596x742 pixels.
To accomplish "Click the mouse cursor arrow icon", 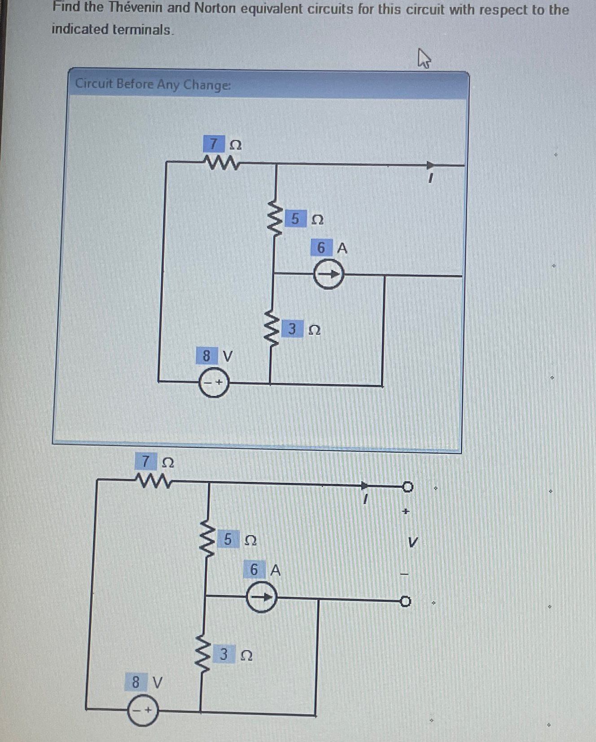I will click(424, 59).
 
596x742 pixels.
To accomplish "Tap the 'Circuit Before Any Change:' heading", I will click(153, 84).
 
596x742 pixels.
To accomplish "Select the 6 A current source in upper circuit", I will click(329, 274).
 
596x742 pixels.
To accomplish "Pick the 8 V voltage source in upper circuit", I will click(214, 383).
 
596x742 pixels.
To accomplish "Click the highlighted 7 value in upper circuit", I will click(214, 144).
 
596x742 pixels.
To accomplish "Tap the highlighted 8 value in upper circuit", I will click(206, 356).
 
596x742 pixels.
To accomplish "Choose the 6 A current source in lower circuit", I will click(262, 597).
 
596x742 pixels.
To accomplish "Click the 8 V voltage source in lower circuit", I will click(143, 710).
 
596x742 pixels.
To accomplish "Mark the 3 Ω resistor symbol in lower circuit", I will click(202, 654).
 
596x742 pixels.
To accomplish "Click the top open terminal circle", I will click(407, 487).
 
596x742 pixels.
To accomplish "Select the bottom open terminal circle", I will click(405, 601).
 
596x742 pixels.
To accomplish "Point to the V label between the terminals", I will click(413, 542).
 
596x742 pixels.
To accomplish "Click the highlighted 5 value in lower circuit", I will click(228, 539).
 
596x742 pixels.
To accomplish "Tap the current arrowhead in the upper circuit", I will click(430, 165).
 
